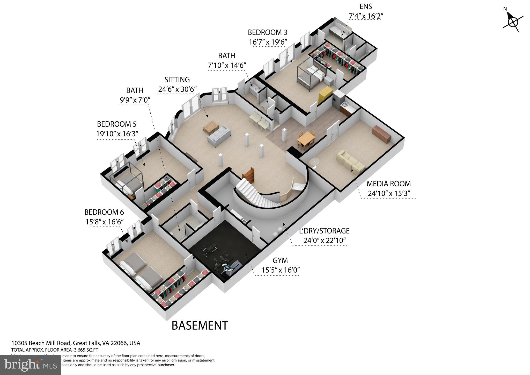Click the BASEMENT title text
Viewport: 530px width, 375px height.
[x=200, y=326]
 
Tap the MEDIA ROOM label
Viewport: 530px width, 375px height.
[x=388, y=184]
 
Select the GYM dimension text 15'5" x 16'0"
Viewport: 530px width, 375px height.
[x=281, y=270]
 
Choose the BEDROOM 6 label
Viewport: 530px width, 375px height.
[x=104, y=212]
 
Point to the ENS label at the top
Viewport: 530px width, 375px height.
[x=366, y=6]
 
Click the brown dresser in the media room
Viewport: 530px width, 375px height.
[x=381, y=134]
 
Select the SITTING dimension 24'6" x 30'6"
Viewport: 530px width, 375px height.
[x=177, y=89]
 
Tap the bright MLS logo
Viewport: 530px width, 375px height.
[x=30, y=365]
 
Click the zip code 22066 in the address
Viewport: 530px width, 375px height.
[x=119, y=343]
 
